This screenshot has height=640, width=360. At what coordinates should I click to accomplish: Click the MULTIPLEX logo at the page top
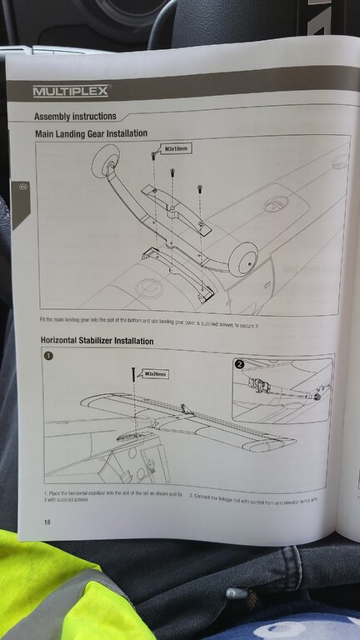tap(70, 91)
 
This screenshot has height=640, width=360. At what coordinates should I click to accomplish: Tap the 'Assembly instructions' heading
tap(75, 116)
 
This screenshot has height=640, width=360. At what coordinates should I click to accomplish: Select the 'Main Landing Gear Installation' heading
tap(91, 133)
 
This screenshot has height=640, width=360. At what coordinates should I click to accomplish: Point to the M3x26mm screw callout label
tap(155, 374)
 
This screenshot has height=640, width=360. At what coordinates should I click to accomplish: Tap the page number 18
tap(47, 522)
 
